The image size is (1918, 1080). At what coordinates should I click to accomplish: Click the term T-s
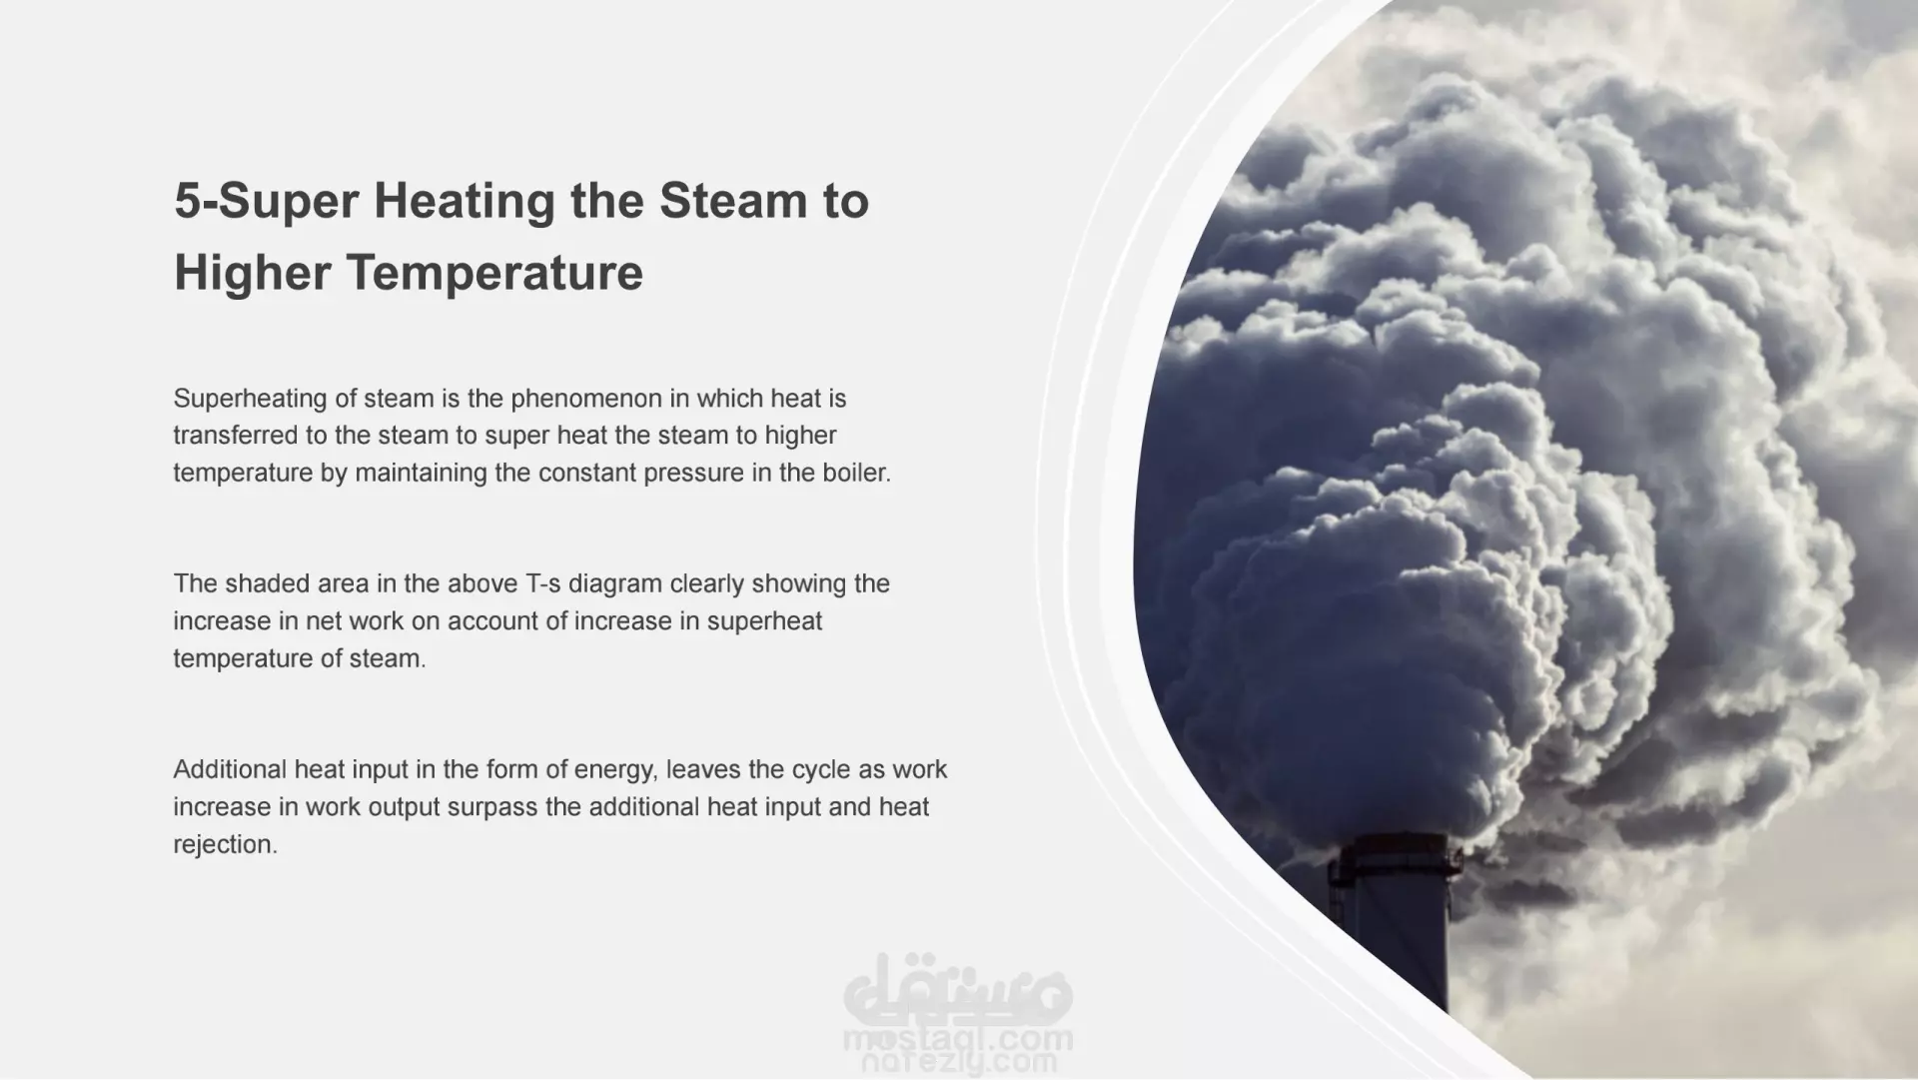[x=544, y=583]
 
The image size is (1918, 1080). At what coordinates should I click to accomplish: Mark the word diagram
[x=616, y=584]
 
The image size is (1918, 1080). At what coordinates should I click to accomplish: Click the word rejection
[x=225, y=845]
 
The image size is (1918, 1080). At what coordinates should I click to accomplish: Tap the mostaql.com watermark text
[x=958, y=1040]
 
